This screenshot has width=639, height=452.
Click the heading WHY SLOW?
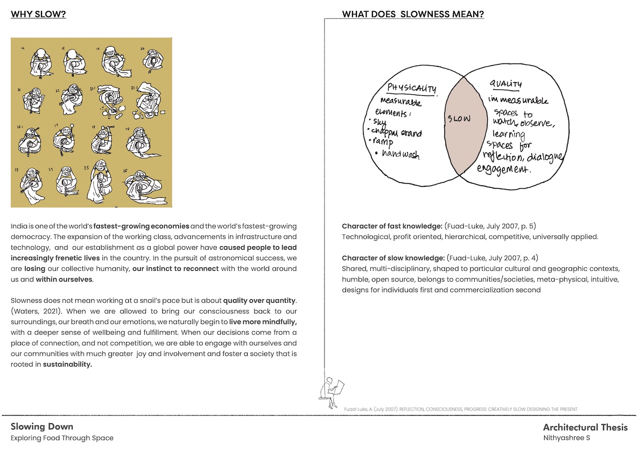pyautogui.click(x=38, y=14)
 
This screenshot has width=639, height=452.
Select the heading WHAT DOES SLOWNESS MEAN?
pyautogui.click(x=413, y=14)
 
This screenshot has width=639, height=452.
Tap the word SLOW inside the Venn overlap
pyautogui.click(x=459, y=119)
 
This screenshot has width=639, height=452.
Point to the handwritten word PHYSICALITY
pyautogui.click(x=412, y=88)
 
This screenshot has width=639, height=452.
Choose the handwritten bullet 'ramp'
pyautogui.click(x=383, y=142)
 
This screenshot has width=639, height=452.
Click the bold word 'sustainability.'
pyautogui.click(x=67, y=364)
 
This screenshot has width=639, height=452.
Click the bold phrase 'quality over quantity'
pyautogui.click(x=260, y=300)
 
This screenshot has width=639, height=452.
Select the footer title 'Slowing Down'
pyautogui.click(x=42, y=427)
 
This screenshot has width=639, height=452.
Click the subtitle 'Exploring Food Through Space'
pyautogui.click(x=62, y=438)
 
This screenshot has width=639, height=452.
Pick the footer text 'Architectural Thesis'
pyautogui.click(x=585, y=427)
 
